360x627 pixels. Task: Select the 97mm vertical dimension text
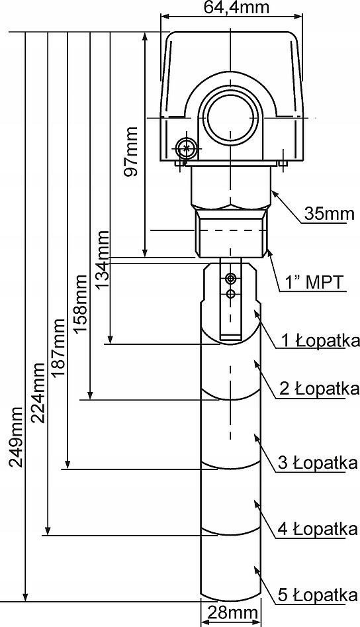pyautogui.click(x=130, y=152)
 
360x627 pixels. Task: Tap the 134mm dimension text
pyautogui.click(x=103, y=259)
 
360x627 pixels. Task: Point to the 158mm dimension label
pyautogui.click(x=80, y=303)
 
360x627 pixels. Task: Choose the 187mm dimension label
pyautogui.click(x=58, y=348)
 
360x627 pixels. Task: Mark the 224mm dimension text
pyautogui.click(x=38, y=393)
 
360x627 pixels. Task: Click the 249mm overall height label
pyautogui.click(x=17, y=437)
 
